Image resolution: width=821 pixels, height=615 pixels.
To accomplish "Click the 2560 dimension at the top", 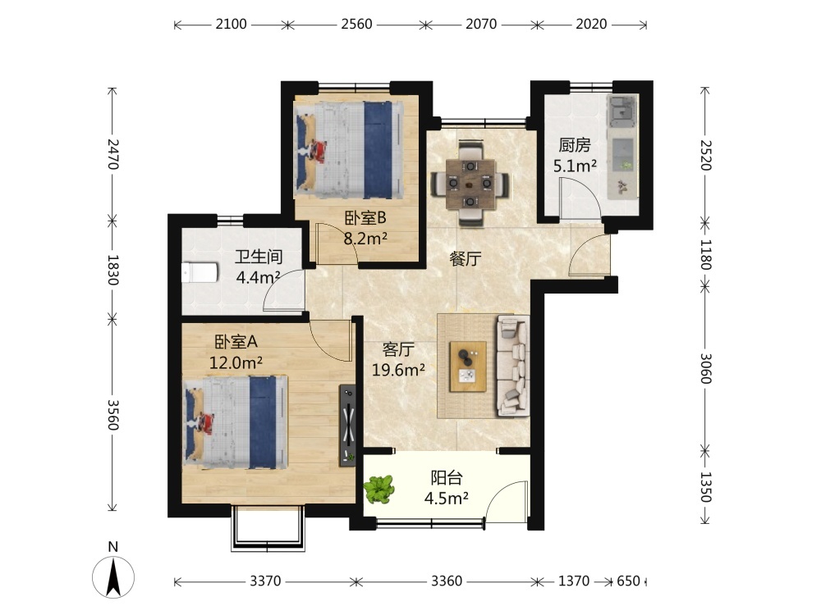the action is pyautogui.click(x=356, y=24).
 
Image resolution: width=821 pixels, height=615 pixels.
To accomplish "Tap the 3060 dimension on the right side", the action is pyautogui.click(x=706, y=368).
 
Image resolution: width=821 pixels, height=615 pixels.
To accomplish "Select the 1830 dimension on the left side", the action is pyautogui.click(x=112, y=270).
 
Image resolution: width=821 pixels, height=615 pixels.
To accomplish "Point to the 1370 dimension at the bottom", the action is pyautogui.click(x=574, y=581).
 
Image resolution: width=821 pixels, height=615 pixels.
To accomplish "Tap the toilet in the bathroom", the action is pyautogui.click(x=200, y=272).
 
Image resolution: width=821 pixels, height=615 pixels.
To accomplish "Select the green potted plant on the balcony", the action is pyautogui.click(x=378, y=490).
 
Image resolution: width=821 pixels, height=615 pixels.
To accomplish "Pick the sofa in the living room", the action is pyautogui.click(x=512, y=366).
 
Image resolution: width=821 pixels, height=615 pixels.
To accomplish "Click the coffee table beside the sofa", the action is pyautogui.click(x=468, y=367).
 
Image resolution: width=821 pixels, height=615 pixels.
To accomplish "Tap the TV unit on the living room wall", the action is pyautogui.click(x=347, y=425).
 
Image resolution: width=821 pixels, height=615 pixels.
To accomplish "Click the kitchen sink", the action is pyautogui.click(x=622, y=111).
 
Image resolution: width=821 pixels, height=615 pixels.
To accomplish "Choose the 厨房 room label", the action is pyautogui.click(x=575, y=145).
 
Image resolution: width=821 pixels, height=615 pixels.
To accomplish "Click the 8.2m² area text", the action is pyautogui.click(x=365, y=239).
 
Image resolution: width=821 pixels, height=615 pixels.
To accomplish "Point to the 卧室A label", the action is pyautogui.click(x=236, y=341).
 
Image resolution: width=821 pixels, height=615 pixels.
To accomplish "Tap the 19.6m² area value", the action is pyautogui.click(x=398, y=370).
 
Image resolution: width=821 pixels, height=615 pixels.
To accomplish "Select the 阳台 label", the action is pyautogui.click(x=447, y=477).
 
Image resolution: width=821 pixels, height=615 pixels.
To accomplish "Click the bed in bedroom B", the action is pyautogui.click(x=350, y=149).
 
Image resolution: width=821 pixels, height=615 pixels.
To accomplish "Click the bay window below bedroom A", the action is pyautogui.click(x=268, y=528).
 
